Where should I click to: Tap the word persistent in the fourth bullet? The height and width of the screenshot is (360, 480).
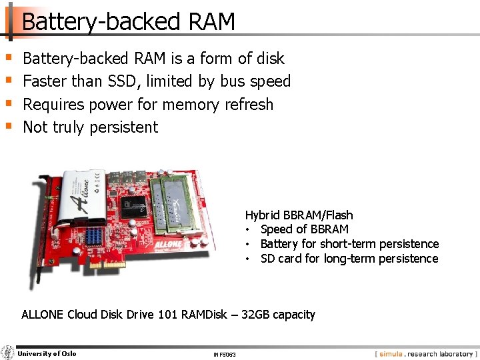(124, 127)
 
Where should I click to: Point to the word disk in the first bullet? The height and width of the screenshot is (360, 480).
(270, 59)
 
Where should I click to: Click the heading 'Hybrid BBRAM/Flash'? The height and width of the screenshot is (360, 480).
(299, 215)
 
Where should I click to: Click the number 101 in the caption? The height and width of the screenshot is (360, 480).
(168, 315)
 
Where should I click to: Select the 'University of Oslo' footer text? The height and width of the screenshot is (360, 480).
(47, 353)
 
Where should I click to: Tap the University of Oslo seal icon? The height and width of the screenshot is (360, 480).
(8, 353)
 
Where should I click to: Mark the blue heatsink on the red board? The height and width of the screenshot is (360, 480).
(93, 235)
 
